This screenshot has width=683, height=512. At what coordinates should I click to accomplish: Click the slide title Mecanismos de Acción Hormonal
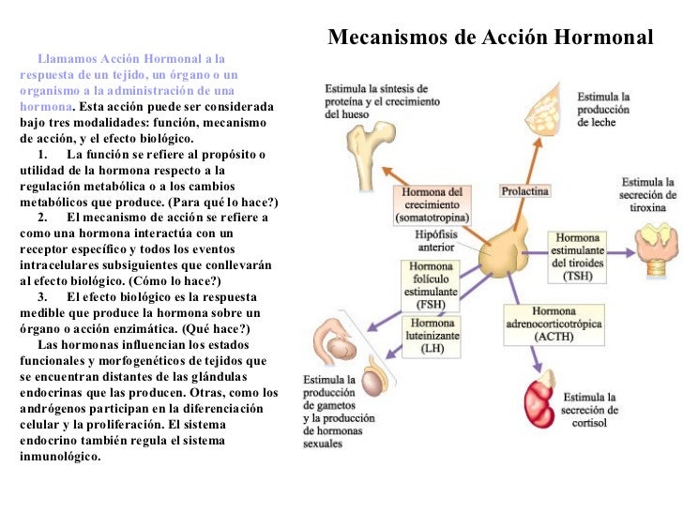pos(489,37)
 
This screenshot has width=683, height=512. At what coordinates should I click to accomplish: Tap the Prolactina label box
pos(525,190)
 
